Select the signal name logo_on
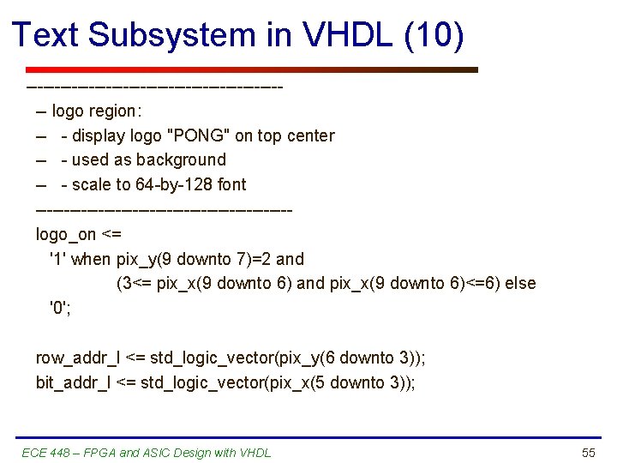66,234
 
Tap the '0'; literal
60,308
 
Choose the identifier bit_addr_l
73,382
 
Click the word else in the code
520,283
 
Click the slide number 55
588,453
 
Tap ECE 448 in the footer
45,453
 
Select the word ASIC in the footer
166,453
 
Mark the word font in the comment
231,184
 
